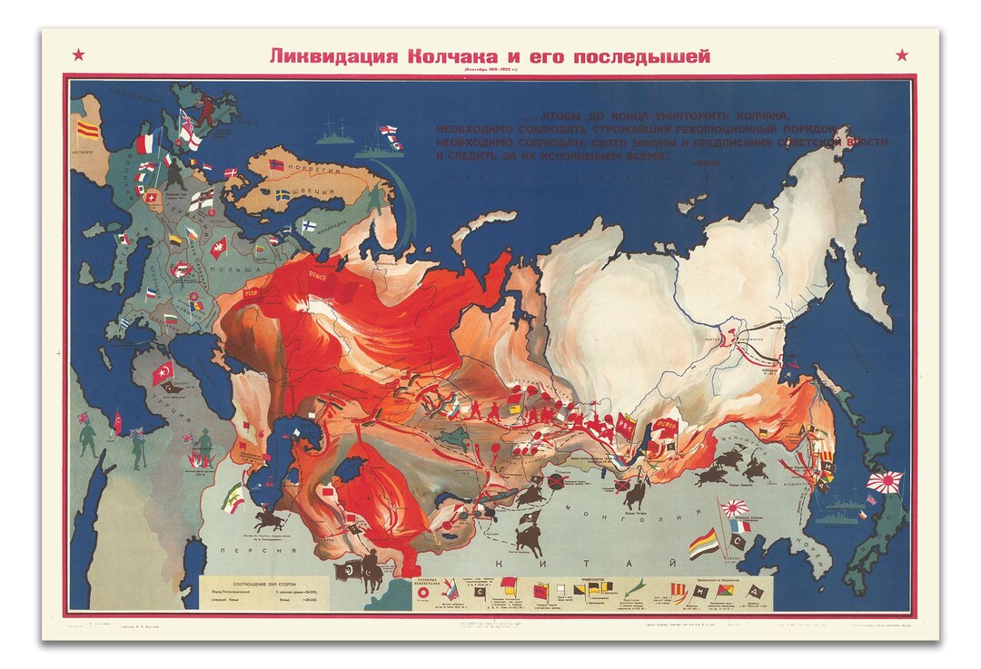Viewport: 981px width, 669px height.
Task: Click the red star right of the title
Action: tap(901, 55)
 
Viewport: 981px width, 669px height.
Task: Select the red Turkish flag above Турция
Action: tap(164, 370)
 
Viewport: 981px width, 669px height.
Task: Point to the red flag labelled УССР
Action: tap(252, 294)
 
